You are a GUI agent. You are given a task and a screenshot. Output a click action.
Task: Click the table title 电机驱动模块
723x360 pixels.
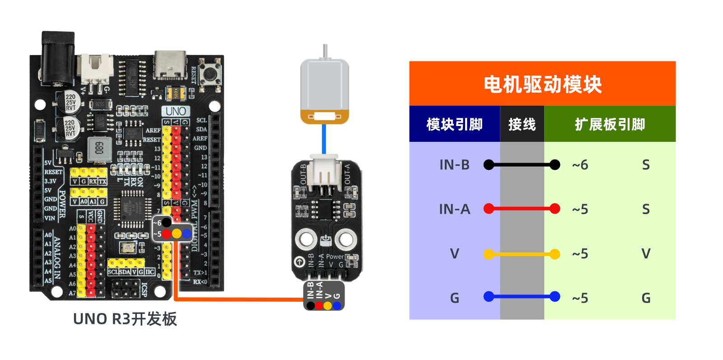point(542,84)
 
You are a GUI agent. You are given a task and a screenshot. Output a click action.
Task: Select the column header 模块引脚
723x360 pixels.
point(454,124)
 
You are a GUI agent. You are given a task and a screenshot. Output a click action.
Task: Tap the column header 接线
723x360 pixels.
point(522,124)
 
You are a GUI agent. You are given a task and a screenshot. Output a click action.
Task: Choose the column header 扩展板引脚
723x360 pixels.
point(610,124)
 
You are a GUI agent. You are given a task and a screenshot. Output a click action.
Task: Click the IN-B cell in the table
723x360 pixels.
point(454,165)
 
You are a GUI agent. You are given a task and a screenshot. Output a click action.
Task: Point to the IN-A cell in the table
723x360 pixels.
point(454,209)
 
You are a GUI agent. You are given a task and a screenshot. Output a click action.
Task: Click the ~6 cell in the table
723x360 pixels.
point(580,165)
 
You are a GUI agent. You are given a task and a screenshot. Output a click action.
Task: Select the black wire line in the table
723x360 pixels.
point(522,165)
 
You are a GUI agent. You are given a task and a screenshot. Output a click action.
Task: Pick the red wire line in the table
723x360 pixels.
point(522,209)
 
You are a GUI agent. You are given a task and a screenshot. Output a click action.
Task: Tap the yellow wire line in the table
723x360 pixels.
point(522,254)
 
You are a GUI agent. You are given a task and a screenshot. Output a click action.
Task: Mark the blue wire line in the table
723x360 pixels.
point(522,297)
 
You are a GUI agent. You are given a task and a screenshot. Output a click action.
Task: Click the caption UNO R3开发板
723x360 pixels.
point(125,319)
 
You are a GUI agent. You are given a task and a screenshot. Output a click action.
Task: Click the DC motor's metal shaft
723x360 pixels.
point(325,51)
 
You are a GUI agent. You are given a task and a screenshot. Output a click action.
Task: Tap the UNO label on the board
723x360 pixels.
point(176,111)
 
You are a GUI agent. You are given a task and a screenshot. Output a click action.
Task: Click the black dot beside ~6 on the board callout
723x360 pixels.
point(167,222)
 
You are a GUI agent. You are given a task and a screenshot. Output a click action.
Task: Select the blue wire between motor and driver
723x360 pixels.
point(324,139)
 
